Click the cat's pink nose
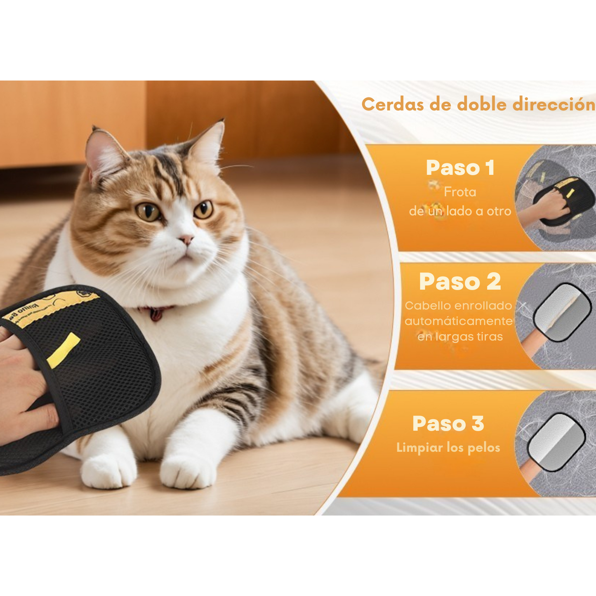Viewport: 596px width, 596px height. coord(186,239)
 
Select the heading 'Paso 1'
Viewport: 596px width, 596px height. coord(460,168)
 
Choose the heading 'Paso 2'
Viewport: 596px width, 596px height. coord(460,282)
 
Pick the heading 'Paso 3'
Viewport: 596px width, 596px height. coord(448,424)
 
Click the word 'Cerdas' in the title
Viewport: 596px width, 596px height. coord(393,104)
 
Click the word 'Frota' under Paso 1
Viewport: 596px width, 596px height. coord(460,192)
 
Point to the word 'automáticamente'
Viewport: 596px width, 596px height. coord(459,321)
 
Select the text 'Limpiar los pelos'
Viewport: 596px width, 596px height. coord(448,448)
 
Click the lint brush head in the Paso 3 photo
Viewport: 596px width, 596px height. coord(557,441)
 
